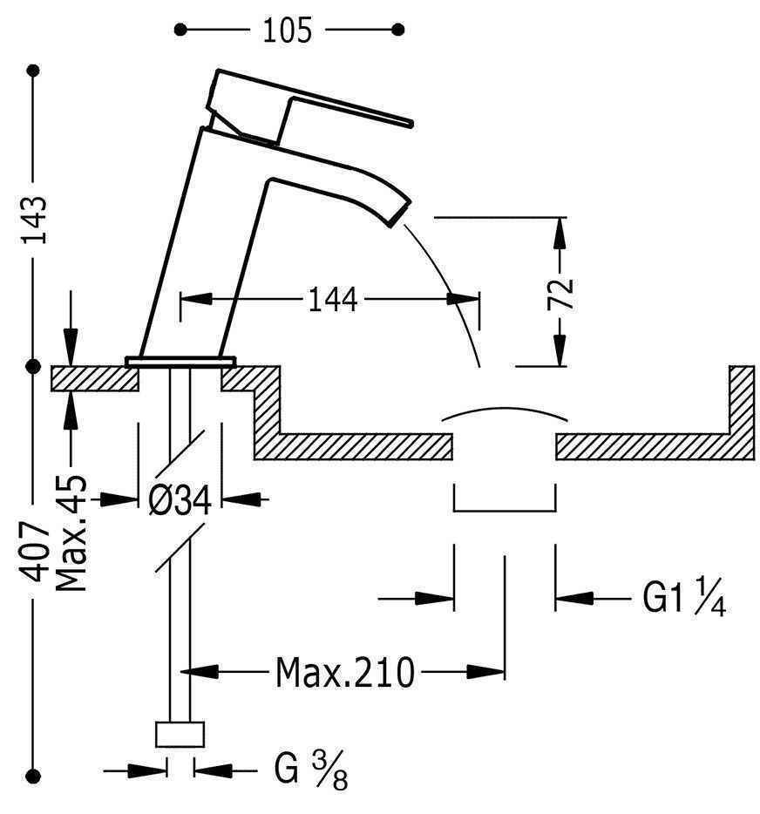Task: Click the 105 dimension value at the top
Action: coord(287,31)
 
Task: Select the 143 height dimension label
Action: coord(34,219)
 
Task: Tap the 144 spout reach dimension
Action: coord(331,300)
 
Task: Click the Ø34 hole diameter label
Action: coord(180,500)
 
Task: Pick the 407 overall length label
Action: coord(34,551)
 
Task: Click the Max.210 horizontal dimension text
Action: coord(343,673)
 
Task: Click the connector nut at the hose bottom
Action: coord(180,735)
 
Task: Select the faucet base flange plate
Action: coord(181,360)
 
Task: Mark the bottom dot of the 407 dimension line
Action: coord(34,772)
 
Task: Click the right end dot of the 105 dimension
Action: coord(399,30)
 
